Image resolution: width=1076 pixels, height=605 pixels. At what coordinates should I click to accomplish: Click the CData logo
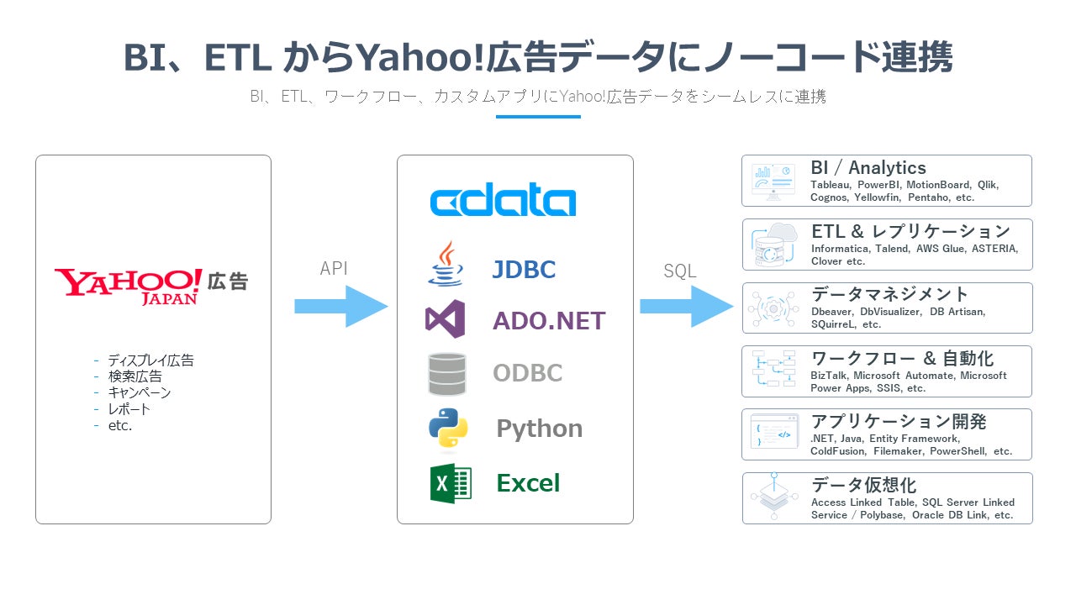click(x=503, y=202)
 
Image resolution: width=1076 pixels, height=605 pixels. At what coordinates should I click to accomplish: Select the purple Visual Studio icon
click(x=446, y=319)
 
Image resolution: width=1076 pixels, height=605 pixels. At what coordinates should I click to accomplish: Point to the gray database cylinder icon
click(x=446, y=374)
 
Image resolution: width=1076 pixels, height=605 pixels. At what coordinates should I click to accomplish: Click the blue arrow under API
click(x=340, y=307)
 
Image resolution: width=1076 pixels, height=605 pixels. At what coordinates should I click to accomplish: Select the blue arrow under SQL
click(x=686, y=307)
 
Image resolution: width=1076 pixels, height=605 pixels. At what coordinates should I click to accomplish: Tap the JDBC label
click(x=524, y=270)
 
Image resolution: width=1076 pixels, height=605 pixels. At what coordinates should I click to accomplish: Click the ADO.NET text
click(x=549, y=320)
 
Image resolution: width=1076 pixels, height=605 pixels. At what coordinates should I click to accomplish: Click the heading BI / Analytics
click(x=868, y=168)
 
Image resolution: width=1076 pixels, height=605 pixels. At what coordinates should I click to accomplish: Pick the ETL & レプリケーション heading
click(x=910, y=231)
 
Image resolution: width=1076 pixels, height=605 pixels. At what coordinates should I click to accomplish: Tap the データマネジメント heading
click(x=890, y=294)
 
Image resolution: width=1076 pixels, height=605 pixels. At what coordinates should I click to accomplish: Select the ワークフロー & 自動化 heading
click(x=902, y=358)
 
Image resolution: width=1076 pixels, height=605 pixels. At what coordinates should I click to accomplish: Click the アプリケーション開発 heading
click(x=899, y=422)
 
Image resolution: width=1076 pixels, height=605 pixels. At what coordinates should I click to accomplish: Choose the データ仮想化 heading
click(x=864, y=485)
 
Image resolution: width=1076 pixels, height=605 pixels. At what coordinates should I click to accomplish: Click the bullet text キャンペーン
click(x=139, y=392)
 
